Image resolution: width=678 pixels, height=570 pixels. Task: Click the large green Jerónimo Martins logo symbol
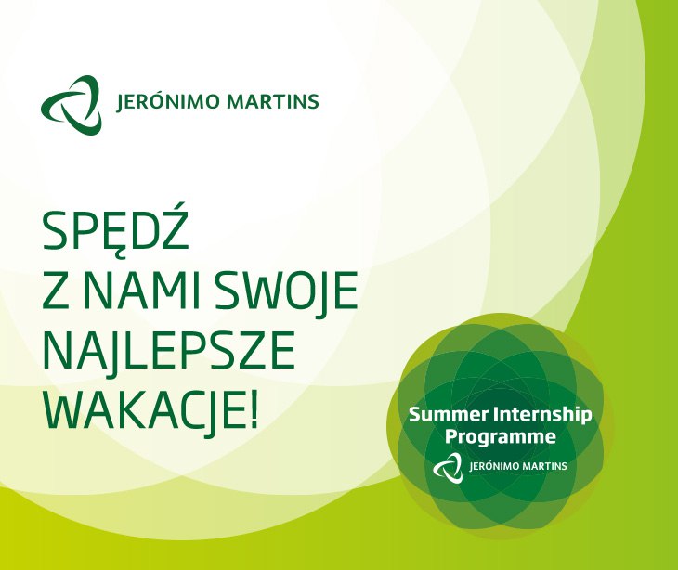(x=72, y=105)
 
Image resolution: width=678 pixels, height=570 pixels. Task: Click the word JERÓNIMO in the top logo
(x=168, y=100)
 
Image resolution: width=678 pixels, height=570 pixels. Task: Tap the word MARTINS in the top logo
(x=273, y=101)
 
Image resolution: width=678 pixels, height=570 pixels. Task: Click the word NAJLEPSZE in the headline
(x=169, y=351)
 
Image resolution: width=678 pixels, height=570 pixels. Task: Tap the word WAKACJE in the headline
(x=144, y=408)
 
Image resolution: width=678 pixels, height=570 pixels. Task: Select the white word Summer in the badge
(x=447, y=415)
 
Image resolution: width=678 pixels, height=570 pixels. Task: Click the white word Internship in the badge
(x=541, y=416)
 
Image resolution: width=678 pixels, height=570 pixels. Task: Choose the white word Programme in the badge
(x=501, y=437)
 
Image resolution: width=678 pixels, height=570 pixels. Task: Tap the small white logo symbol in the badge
(x=448, y=467)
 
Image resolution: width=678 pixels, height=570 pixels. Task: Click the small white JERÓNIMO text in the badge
(x=495, y=465)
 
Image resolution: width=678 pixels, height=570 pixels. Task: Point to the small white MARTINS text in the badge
(x=545, y=466)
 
